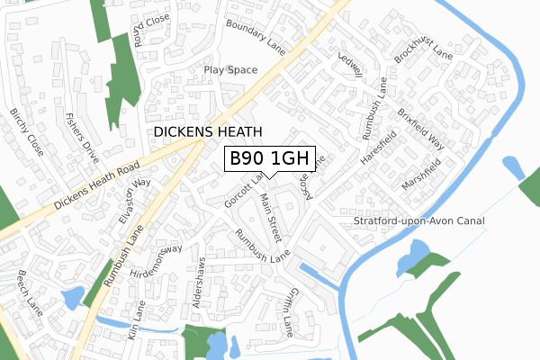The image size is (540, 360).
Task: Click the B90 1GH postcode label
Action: [269, 158]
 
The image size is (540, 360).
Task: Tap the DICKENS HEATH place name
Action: [208, 131]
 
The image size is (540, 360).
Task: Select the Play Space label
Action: [229, 69]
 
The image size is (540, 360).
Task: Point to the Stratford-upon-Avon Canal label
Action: [419, 220]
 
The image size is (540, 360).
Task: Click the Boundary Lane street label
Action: [256, 38]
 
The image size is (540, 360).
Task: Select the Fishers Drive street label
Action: [82, 137]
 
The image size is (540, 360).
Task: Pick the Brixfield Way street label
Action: [421, 129]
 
